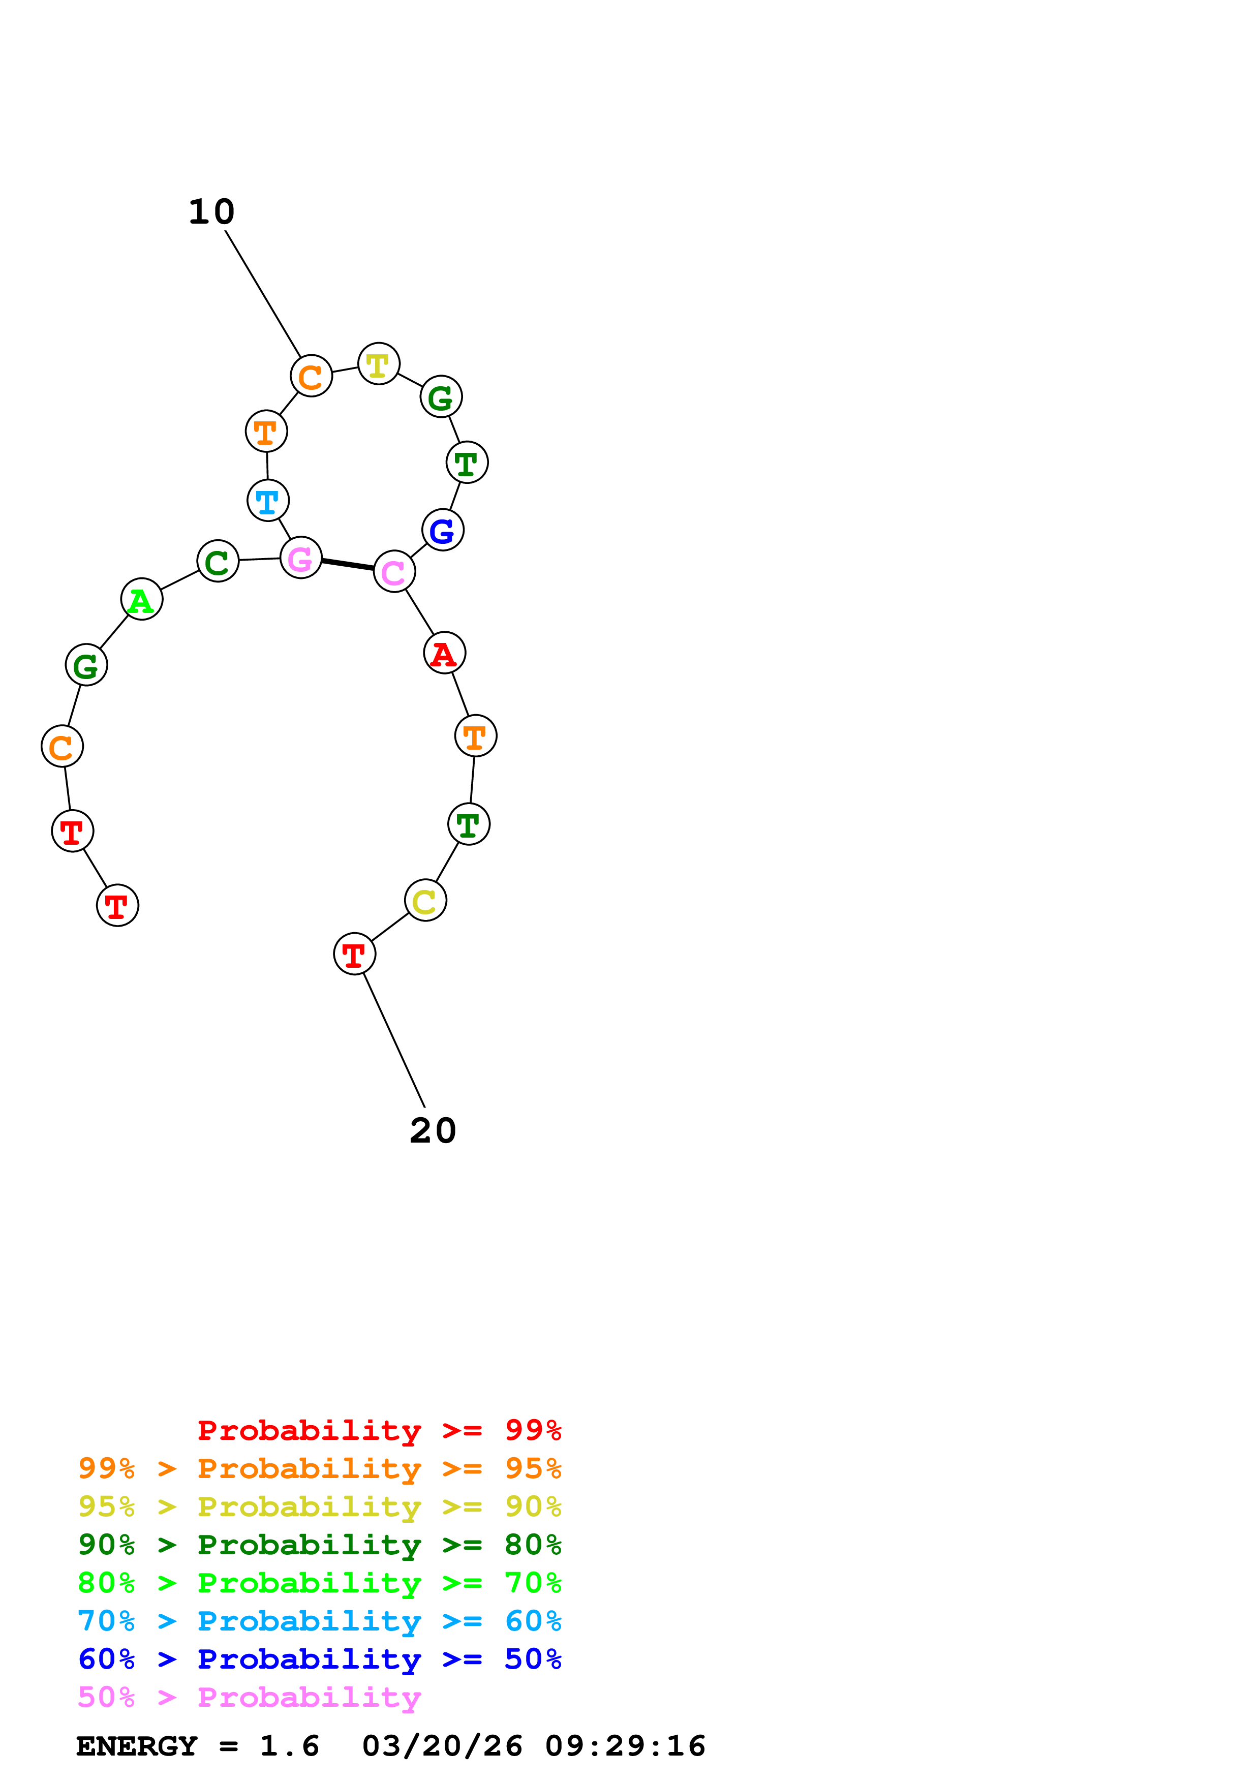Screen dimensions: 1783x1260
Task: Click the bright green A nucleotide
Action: pyautogui.click(x=141, y=600)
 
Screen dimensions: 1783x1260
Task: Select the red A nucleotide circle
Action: pyautogui.click(x=444, y=653)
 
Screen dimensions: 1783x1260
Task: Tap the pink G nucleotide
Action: pyautogui.click(x=300, y=558)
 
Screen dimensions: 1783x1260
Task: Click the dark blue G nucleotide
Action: pyautogui.click(x=443, y=531)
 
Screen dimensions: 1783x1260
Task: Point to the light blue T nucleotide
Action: pyautogui.click(x=268, y=501)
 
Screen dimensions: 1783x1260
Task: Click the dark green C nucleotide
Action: pyautogui.click(x=218, y=561)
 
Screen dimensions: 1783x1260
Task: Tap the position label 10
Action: pyautogui.click(x=211, y=212)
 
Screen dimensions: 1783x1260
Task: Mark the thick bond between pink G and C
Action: pyautogui.click(x=347, y=565)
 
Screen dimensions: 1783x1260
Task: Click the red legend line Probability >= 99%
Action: pyautogui.click(x=379, y=1430)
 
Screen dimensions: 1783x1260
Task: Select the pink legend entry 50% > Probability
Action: pyautogui.click(x=249, y=1698)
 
